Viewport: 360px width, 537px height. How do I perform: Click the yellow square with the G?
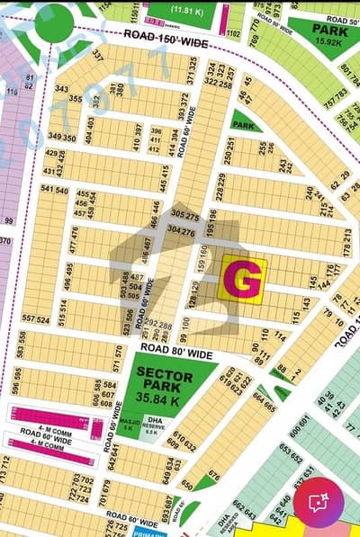243,279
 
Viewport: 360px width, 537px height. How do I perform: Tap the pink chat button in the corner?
325,505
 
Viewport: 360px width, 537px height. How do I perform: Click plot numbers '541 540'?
56,191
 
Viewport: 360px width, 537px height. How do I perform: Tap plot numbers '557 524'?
35,319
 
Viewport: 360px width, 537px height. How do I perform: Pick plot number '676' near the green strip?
213,475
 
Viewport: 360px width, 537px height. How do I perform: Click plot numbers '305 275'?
184,216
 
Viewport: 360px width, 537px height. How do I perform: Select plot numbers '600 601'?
301,419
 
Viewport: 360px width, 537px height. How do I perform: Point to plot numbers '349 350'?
61,138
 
